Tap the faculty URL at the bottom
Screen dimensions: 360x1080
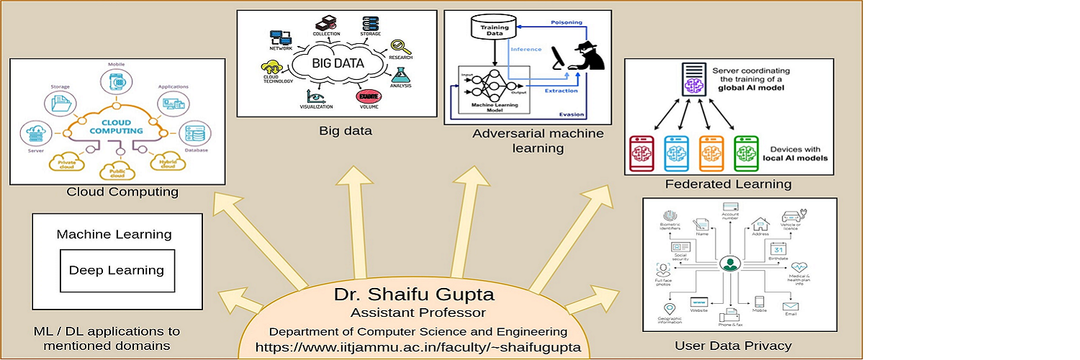(422, 348)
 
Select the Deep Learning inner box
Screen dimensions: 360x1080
(117, 271)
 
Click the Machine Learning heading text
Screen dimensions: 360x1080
(114, 234)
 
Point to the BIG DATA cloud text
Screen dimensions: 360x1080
(338, 63)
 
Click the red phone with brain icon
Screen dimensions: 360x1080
(642, 153)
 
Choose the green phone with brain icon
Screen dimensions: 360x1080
(747, 153)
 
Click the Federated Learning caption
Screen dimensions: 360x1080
(728, 184)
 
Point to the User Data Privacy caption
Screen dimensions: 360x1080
(733, 346)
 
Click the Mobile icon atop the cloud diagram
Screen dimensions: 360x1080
(117, 81)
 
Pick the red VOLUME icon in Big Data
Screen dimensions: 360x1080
(368, 96)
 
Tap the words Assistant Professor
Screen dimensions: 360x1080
(418, 313)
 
